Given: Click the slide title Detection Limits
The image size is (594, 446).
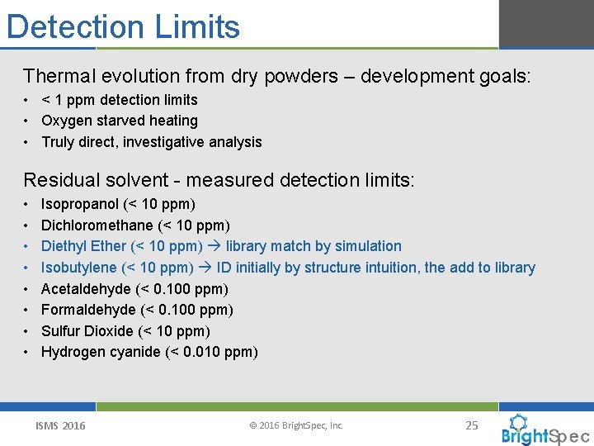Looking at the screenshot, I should [123, 26].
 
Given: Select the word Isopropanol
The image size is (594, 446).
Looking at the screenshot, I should [77, 204].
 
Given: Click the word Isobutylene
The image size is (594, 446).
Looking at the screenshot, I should [78, 268].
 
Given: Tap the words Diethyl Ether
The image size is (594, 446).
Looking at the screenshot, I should [83, 246].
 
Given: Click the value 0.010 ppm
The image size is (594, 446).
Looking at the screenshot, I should [224, 353].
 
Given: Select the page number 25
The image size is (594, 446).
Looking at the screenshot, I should [472, 425].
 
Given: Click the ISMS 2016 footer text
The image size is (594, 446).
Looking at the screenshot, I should [60, 426].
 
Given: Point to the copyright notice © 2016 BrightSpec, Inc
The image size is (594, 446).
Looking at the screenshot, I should [296, 426].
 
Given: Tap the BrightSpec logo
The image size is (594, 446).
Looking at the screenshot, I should [544, 431].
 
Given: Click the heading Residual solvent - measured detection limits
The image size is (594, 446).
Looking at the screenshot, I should [219, 179].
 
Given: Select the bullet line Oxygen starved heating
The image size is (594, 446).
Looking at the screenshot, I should [120, 121].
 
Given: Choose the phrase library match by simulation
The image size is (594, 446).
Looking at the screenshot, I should [313, 246].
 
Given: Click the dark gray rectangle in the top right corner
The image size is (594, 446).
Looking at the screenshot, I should [545, 24].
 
